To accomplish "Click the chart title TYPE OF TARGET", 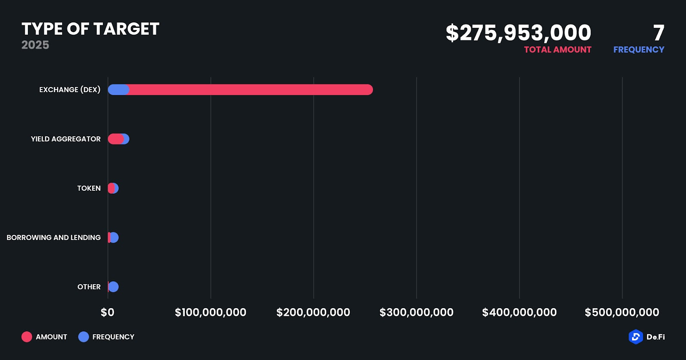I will pos(90,29).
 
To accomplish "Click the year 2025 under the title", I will pos(35,45).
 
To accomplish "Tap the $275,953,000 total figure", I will pos(518,33).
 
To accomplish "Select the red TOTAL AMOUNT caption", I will pos(557,50).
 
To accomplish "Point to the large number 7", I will pos(659,33).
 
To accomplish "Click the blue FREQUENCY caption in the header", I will pos(638,50).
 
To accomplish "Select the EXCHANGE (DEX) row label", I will pos(70,90).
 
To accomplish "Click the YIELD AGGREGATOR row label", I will pos(66,139).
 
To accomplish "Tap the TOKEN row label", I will pos(89,188).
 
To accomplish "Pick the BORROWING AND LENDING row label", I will pos(54,237).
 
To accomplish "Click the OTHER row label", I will pos(89,287).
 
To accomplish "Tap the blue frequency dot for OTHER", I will pos(114,287).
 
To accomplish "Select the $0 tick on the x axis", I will pos(108,312).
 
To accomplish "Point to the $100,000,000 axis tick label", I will pos(211,312).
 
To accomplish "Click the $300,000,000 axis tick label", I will pos(416,312).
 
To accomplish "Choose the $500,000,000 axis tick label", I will pos(622,312).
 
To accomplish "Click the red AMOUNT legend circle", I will pos(27,337).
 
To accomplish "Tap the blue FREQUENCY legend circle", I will pos(84,337).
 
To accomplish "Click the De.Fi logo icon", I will pos(635,337).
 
